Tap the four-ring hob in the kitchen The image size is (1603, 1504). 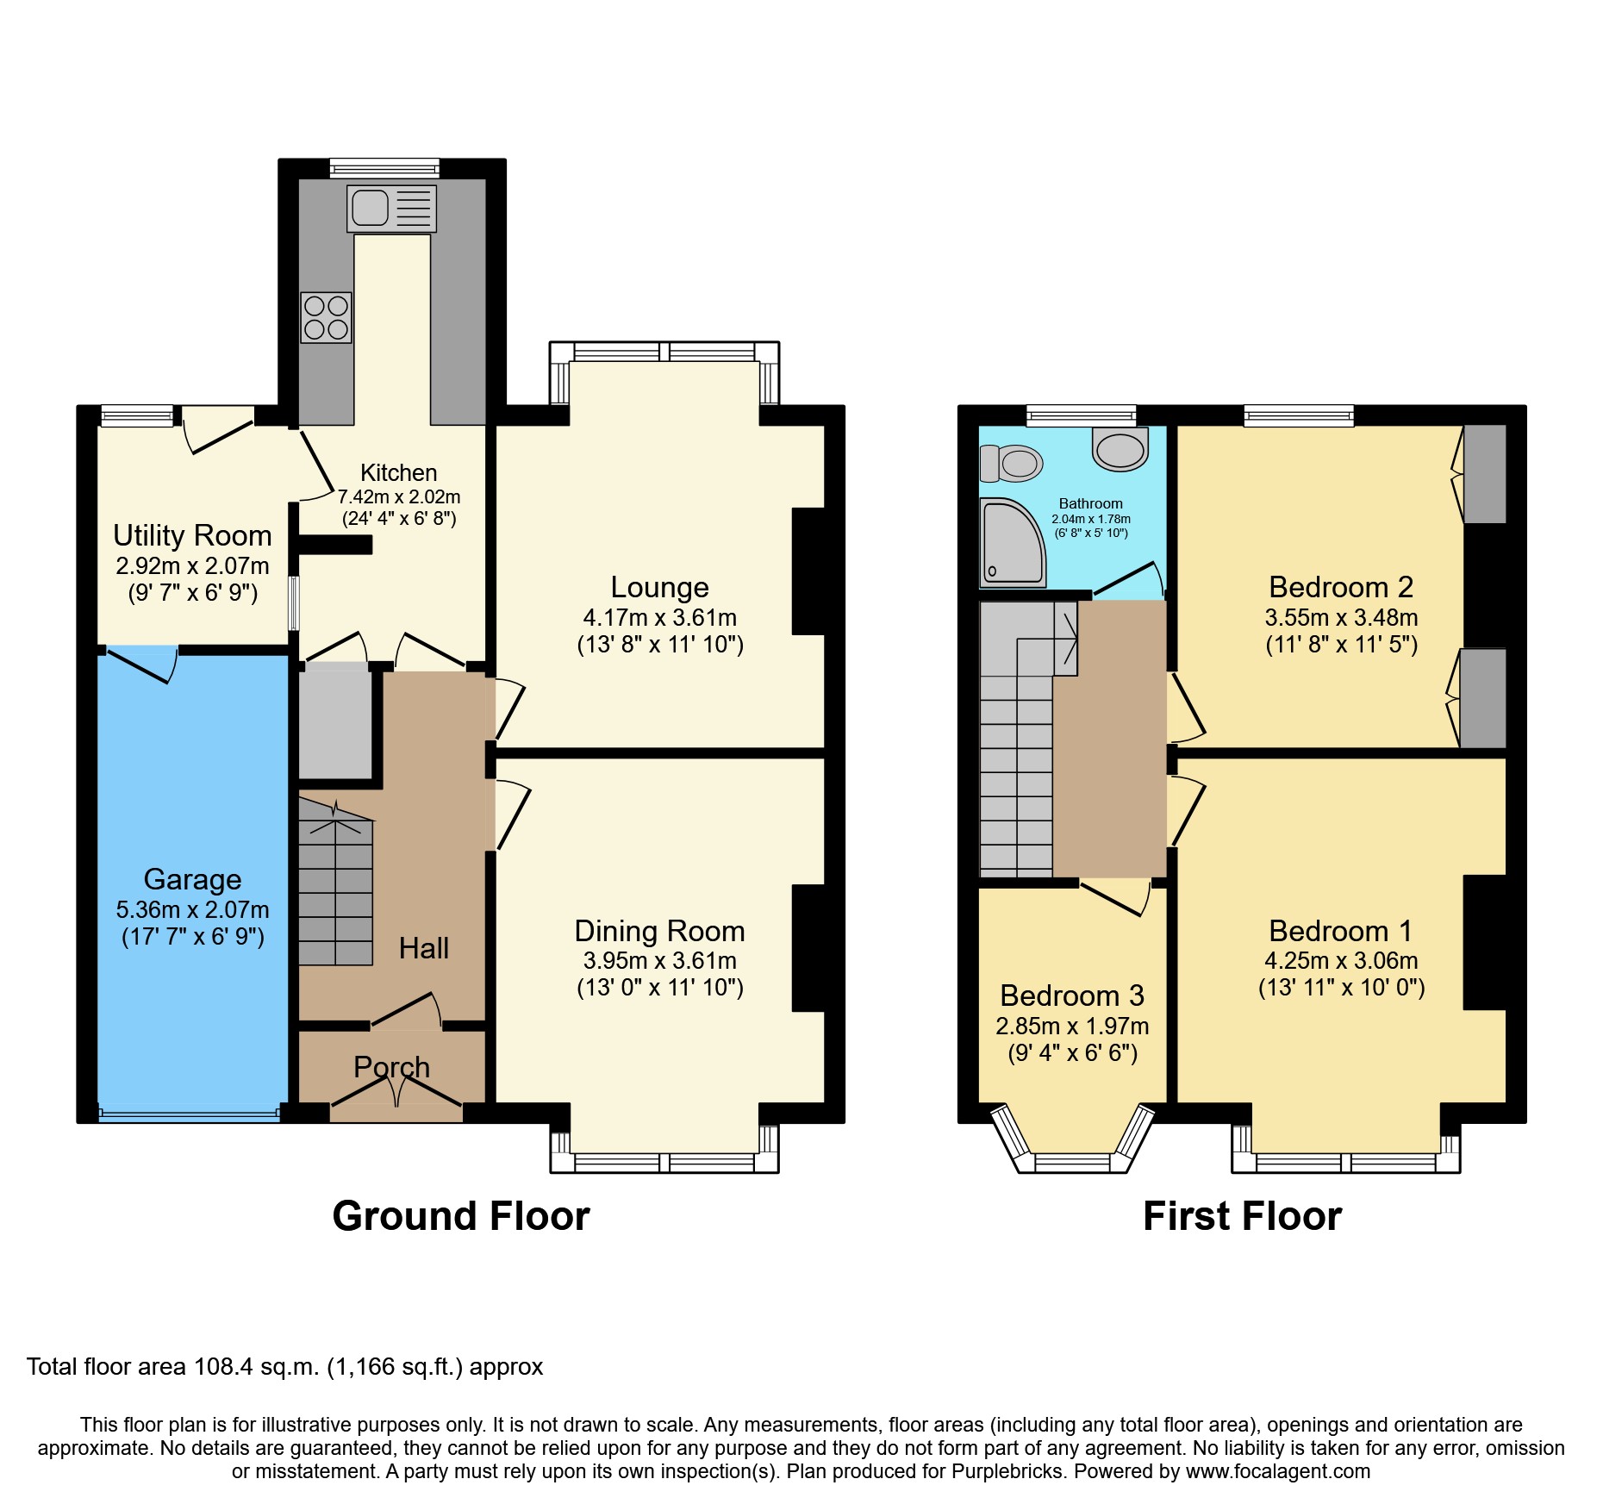pyautogui.click(x=326, y=317)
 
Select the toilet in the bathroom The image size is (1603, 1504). pyautogui.click(x=1012, y=463)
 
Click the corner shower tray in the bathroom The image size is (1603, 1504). pyautogui.click(x=1012, y=543)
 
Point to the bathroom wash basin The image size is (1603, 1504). pyautogui.click(x=1120, y=449)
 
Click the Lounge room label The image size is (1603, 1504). pyautogui.click(x=659, y=587)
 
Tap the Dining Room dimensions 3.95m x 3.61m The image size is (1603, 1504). pyautogui.click(x=659, y=960)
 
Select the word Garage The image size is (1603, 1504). pyautogui.click(x=192, y=879)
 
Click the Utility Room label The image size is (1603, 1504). pyautogui.click(x=192, y=535)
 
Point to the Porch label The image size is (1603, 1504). pyautogui.click(x=391, y=1067)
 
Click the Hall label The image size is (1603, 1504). pyautogui.click(x=423, y=948)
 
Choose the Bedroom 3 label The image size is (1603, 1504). pyautogui.click(x=1071, y=995)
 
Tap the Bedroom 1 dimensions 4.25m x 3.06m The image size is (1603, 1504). pyautogui.click(x=1341, y=960)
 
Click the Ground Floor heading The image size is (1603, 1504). pyautogui.click(x=461, y=1216)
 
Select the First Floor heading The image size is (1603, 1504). pyautogui.click(x=1242, y=1216)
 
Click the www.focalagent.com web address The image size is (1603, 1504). pyautogui.click(x=1277, y=1472)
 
